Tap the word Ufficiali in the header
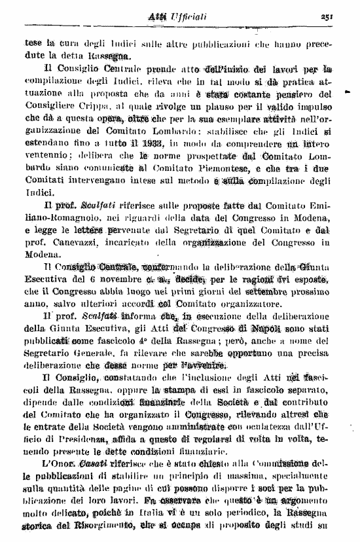190,16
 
